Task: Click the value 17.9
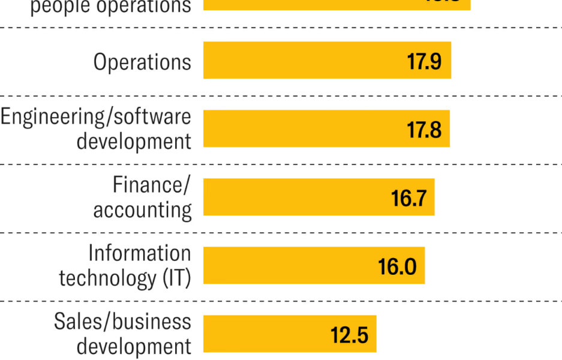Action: (425, 61)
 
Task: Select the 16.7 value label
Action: (409, 198)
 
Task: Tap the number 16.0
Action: (397, 266)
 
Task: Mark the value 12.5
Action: (349, 335)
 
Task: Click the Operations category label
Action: (142, 62)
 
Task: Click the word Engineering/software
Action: (96, 116)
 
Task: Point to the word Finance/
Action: (151, 185)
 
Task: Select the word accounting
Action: (142, 210)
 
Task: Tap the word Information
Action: (139, 253)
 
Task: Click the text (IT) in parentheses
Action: (177, 278)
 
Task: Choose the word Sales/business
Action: (122, 322)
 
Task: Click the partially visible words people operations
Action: (110, 6)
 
